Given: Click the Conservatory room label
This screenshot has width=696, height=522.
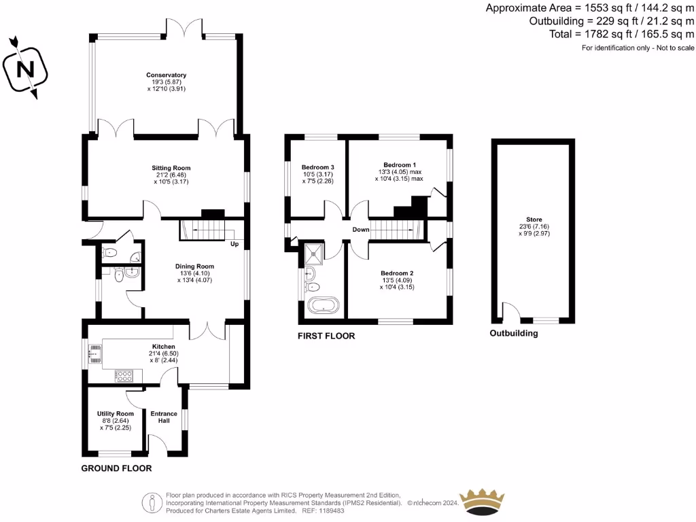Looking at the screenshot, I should [166, 75].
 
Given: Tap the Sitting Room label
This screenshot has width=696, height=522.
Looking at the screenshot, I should [171, 168].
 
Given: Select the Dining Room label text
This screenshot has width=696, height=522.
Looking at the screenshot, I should [196, 266].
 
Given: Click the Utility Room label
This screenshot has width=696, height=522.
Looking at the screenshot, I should [116, 414].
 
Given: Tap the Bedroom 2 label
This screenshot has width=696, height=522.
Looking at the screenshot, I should [398, 273].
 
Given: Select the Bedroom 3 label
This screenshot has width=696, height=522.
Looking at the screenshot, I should [317, 167].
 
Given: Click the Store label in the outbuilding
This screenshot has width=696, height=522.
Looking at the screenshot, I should [535, 220].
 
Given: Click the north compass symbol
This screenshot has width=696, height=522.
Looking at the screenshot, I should [25, 68].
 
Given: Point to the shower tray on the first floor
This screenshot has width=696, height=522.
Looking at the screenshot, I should [315, 252].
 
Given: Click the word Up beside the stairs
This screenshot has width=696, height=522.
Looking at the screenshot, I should [234, 244].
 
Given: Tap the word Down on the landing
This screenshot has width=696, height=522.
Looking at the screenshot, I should [360, 230].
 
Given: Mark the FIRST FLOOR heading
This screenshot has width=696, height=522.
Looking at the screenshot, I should [326, 336].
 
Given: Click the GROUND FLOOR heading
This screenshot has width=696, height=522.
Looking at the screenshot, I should [116, 468].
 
